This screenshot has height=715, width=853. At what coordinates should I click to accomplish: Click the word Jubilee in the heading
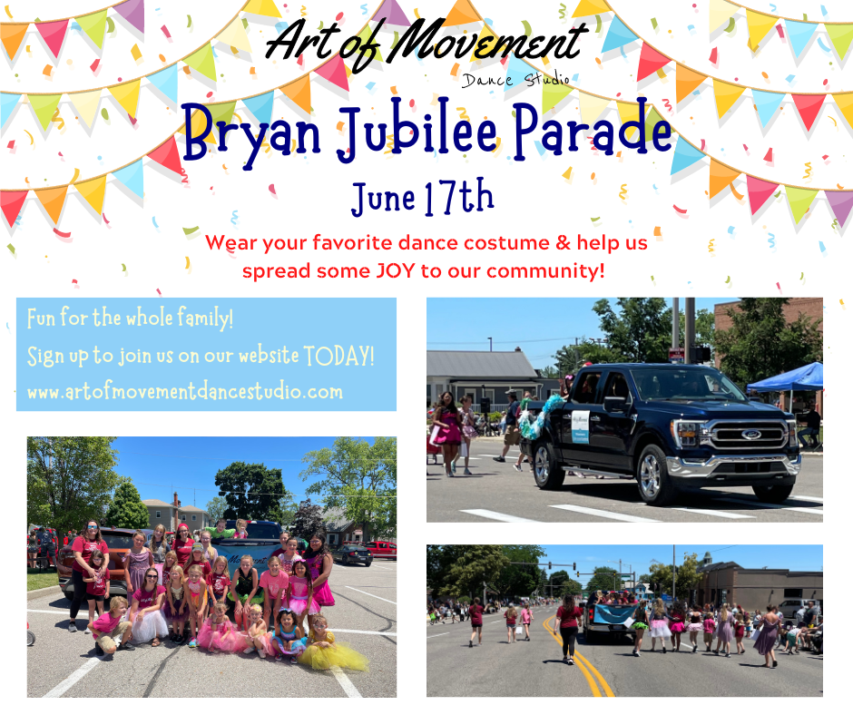pyautogui.click(x=417, y=130)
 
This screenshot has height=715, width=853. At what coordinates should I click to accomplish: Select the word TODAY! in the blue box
pyautogui.click(x=338, y=357)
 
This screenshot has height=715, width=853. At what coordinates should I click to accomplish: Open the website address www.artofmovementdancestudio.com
pyautogui.click(x=185, y=392)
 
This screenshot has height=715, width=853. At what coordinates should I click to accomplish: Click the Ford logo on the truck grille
pyautogui.click(x=750, y=435)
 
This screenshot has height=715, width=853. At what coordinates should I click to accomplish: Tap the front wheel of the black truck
pyautogui.click(x=657, y=476)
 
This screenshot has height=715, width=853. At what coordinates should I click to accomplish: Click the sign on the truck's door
pyautogui.click(x=581, y=426)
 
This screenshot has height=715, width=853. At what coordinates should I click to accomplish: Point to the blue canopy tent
pyautogui.click(x=786, y=377)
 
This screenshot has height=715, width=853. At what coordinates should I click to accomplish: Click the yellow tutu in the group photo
pyautogui.click(x=333, y=655)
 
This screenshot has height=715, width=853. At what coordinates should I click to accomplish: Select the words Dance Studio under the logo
pyautogui.click(x=515, y=80)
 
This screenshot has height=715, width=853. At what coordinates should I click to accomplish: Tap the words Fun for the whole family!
pyautogui.click(x=130, y=318)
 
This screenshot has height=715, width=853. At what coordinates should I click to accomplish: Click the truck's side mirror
pyautogui.click(x=616, y=404)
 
